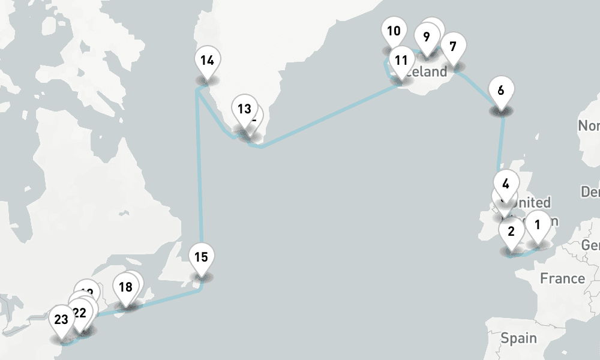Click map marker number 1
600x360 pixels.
[538, 226]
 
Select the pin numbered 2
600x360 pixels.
[511, 231]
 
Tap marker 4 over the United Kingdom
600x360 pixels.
[506, 184]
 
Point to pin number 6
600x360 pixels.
[501, 91]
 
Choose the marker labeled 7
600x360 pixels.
[453, 46]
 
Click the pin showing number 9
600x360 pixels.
[426, 37]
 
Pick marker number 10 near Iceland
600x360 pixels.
[394, 31]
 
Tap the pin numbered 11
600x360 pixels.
[401, 60]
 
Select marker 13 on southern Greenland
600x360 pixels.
[244, 109]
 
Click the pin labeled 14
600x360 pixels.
[208, 61]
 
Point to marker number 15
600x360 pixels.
[201, 257]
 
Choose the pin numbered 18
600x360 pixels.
[125, 287]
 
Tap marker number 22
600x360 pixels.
[79, 313]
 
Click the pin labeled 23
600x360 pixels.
[61, 319]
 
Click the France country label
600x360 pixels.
[562, 278]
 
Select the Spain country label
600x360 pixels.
[519, 338]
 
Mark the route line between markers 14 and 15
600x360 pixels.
[200, 180]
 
